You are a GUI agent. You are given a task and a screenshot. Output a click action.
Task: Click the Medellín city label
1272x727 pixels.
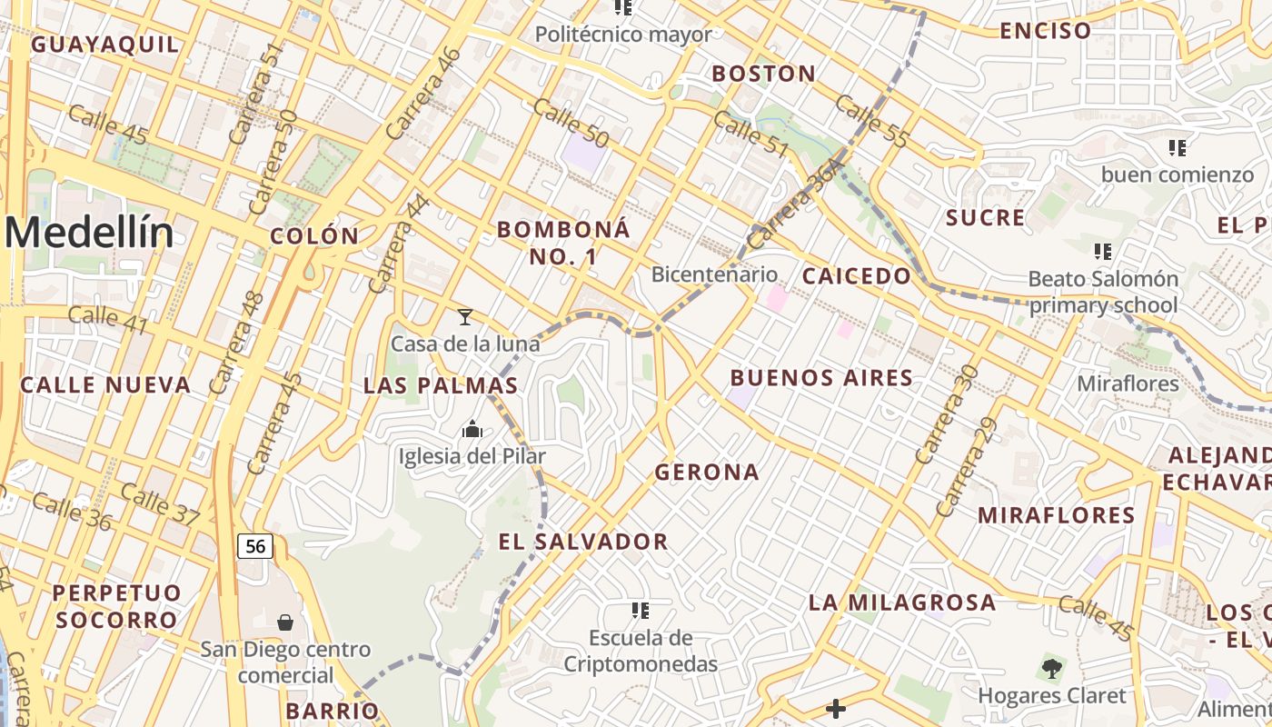(x=88, y=233)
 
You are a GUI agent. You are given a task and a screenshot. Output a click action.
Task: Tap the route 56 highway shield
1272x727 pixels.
(x=255, y=545)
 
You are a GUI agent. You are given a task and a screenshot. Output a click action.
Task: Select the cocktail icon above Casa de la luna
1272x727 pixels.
(x=465, y=316)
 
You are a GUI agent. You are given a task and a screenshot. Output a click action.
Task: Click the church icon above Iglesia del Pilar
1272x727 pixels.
(x=472, y=428)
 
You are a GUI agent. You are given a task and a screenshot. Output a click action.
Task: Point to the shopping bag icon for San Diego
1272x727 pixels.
(x=285, y=622)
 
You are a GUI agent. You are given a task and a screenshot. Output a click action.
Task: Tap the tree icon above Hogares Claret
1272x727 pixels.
(x=1052, y=670)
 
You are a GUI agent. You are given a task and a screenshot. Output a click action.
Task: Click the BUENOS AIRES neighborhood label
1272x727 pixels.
(x=821, y=378)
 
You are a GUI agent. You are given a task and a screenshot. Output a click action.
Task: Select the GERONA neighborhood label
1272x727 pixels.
(x=707, y=472)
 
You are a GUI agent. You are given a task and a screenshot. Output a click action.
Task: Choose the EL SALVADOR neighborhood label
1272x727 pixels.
(x=583, y=543)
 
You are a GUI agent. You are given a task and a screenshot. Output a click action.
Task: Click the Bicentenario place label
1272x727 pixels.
(x=715, y=274)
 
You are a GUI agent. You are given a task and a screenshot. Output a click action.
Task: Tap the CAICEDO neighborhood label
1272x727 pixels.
(x=857, y=275)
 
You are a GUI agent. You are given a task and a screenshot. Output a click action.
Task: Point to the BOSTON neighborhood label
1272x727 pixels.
(x=763, y=74)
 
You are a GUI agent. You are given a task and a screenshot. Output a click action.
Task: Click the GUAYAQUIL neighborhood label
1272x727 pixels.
(x=105, y=44)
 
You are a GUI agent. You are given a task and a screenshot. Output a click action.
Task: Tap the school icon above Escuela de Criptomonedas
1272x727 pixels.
(x=641, y=610)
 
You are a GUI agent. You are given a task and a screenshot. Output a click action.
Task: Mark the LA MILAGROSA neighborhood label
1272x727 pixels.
(x=902, y=602)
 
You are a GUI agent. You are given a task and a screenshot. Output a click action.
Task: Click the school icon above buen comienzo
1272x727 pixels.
(x=1178, y=147)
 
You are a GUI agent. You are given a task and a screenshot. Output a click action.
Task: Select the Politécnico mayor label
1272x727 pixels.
(x=623, y=35)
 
